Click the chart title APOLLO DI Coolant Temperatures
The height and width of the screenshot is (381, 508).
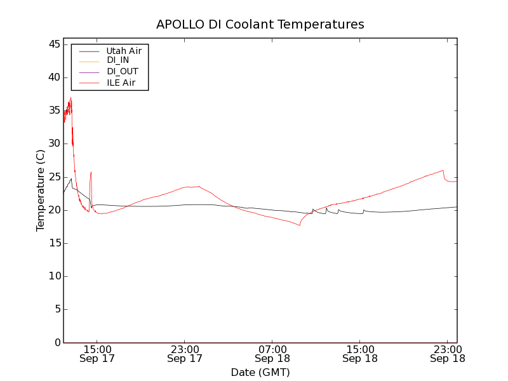260,25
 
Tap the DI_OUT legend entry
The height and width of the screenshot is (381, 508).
123,71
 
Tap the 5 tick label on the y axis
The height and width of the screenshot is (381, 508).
57,309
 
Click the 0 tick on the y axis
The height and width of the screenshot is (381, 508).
57,342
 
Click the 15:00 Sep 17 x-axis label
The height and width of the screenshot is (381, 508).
97,354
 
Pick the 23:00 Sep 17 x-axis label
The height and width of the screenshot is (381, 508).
185,354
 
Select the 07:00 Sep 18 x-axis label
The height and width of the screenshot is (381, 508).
272,354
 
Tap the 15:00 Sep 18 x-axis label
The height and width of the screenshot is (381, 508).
360,354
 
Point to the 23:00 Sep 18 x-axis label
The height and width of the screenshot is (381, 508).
448,354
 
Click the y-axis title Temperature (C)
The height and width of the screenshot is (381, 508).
41,190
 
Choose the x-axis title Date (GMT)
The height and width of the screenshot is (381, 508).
260,372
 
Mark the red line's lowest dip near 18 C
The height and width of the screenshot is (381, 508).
299,225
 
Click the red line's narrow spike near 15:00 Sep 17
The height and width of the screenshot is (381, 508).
91,172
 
